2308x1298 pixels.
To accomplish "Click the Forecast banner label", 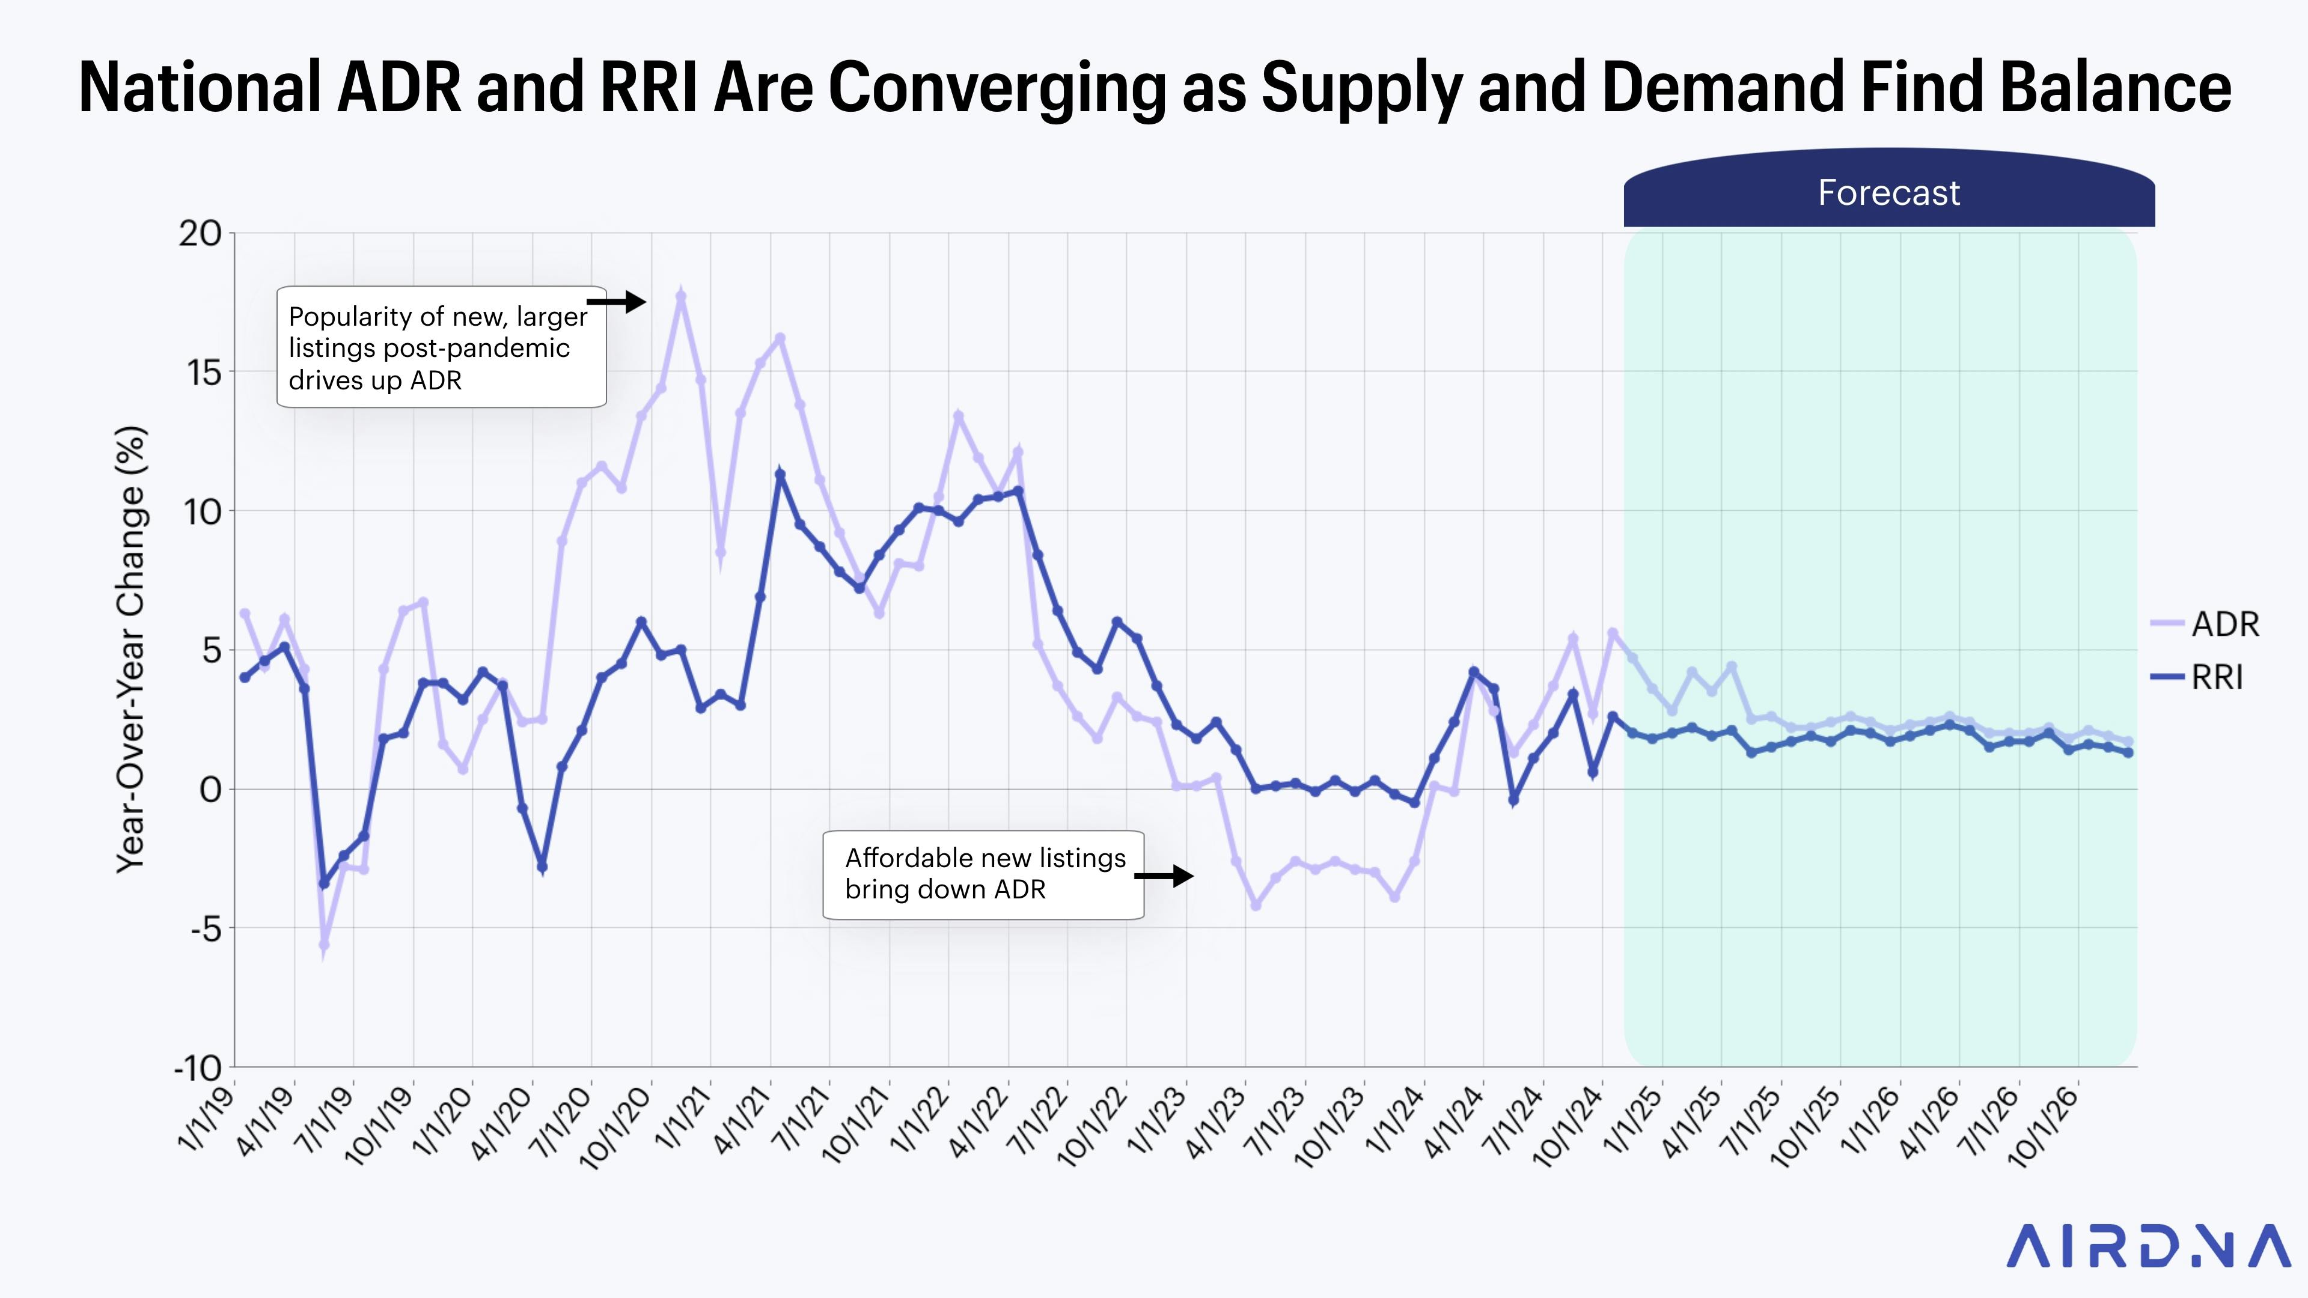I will [1888, 192].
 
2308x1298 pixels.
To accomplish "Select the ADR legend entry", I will [2224, 624].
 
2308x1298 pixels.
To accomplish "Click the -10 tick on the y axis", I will [198, 1068].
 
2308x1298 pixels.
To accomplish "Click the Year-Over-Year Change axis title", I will [131, 650].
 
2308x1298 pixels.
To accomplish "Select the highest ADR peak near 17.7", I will [681, 296].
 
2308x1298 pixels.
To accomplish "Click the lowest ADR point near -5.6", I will [323, 945].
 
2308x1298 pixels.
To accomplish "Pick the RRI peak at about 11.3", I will [780, 475].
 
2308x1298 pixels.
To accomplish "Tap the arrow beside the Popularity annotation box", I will [618, 302].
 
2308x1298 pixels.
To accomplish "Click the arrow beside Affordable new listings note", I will [1165, 876].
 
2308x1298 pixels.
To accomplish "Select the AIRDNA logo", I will [2148, 1246].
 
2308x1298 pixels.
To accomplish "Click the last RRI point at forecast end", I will [2128, 754].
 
